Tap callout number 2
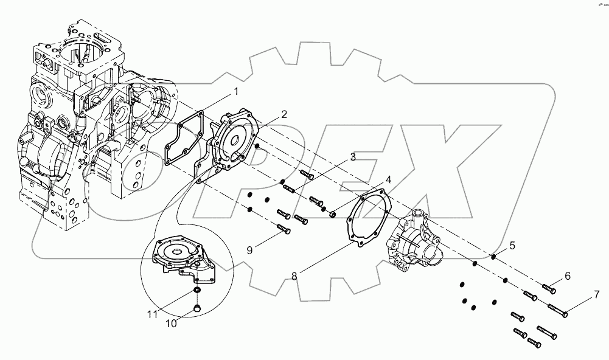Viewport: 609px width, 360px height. [x=284, y=114]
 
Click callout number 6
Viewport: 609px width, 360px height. [x=567, y=275]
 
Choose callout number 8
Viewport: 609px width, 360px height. [x=294, y=275]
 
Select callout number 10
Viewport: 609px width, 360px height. [x=172, y=324]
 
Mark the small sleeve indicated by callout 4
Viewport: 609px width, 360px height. [x=333, y=214]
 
